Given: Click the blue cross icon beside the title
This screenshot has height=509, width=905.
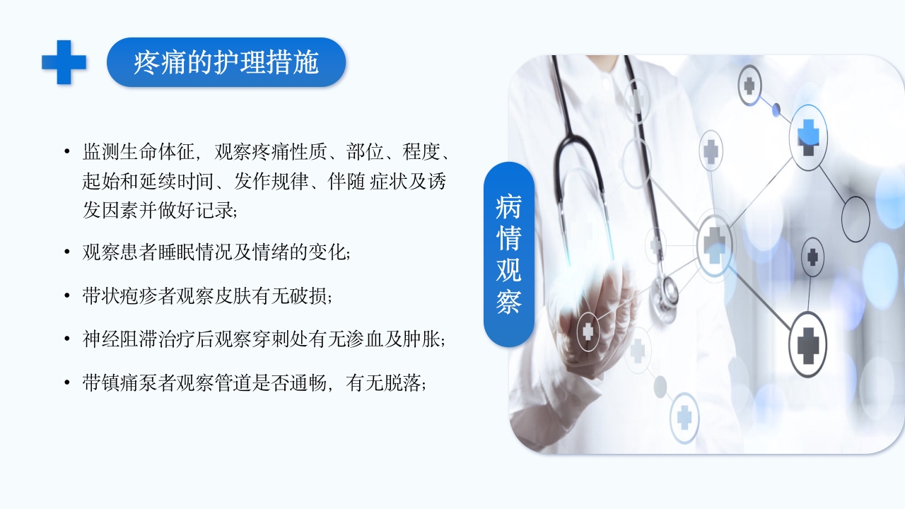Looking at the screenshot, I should pos(64,62).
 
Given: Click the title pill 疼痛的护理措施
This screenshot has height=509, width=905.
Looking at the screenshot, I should pos(226,62).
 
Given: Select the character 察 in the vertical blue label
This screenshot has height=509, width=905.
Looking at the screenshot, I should pos(508,302).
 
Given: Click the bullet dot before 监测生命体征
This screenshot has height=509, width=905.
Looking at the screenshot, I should pos(66,151).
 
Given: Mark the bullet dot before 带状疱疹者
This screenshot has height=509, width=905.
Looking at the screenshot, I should pos(66,296).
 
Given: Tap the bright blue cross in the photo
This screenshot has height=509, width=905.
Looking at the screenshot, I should pos(808,134).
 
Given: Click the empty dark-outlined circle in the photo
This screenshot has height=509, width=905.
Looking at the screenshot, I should pos(856,219).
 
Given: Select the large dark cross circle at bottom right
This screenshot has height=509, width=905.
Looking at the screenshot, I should pos(807,344).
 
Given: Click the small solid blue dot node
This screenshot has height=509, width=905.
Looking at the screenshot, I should pos(776,110).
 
